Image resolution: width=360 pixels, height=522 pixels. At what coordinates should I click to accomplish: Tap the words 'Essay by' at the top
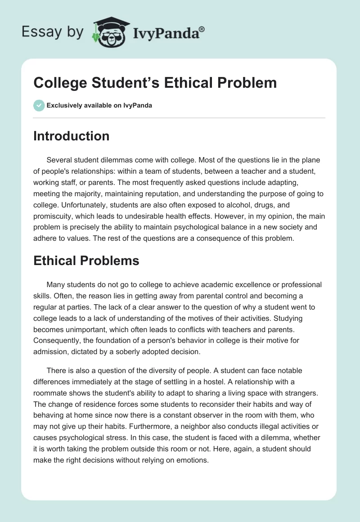[x=53, y=32]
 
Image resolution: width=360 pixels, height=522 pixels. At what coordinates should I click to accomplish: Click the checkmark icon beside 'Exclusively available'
[x=39, y=105]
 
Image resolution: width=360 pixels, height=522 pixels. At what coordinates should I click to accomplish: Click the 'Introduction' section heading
[x=71, y=136]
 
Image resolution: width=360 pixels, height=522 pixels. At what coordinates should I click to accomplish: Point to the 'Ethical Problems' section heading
[x=86, y=261]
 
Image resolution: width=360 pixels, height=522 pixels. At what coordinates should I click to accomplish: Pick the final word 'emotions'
[x=194, y=460]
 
